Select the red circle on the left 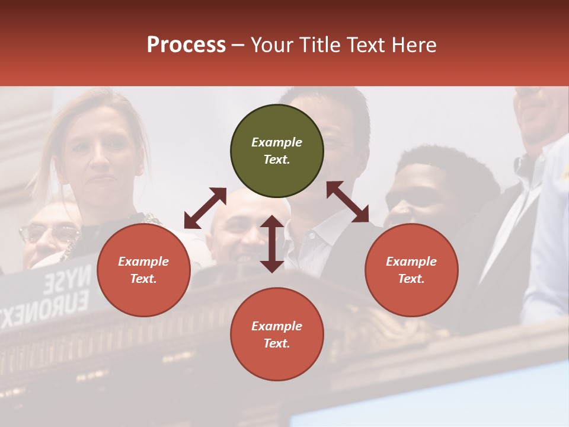click(143, 270)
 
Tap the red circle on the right click(411, 270)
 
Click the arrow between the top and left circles click(205, 208)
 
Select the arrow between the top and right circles click(348, 202)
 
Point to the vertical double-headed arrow click(272, 244)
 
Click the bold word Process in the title click(186, 44)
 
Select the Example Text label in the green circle click(277, 151)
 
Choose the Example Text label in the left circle click(143, 270)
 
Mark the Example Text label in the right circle click(411, 270)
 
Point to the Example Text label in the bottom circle click(277, 334)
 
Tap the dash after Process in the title click(238, 45)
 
